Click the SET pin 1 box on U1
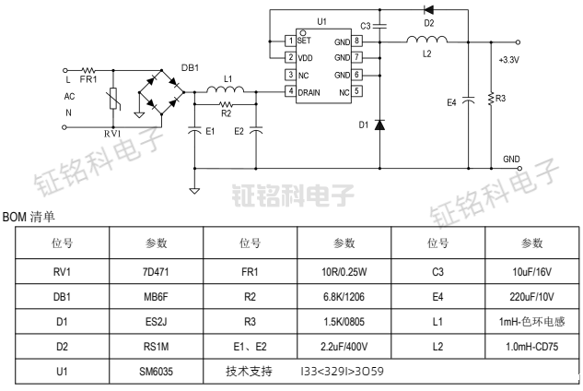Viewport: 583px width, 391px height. tap(290, 41)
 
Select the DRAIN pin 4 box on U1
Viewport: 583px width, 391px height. tap(290, 91)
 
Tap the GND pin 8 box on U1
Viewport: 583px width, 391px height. tap(356, 41)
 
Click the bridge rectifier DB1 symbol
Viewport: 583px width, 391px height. tap(160, 91)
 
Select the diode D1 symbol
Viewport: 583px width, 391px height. tap(379, 124)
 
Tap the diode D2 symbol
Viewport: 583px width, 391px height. tap(428, 11)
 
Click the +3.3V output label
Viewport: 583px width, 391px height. tap(508, 60)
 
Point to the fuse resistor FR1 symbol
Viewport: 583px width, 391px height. tap(90, 69)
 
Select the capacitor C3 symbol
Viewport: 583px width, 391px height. tap(379, 25)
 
